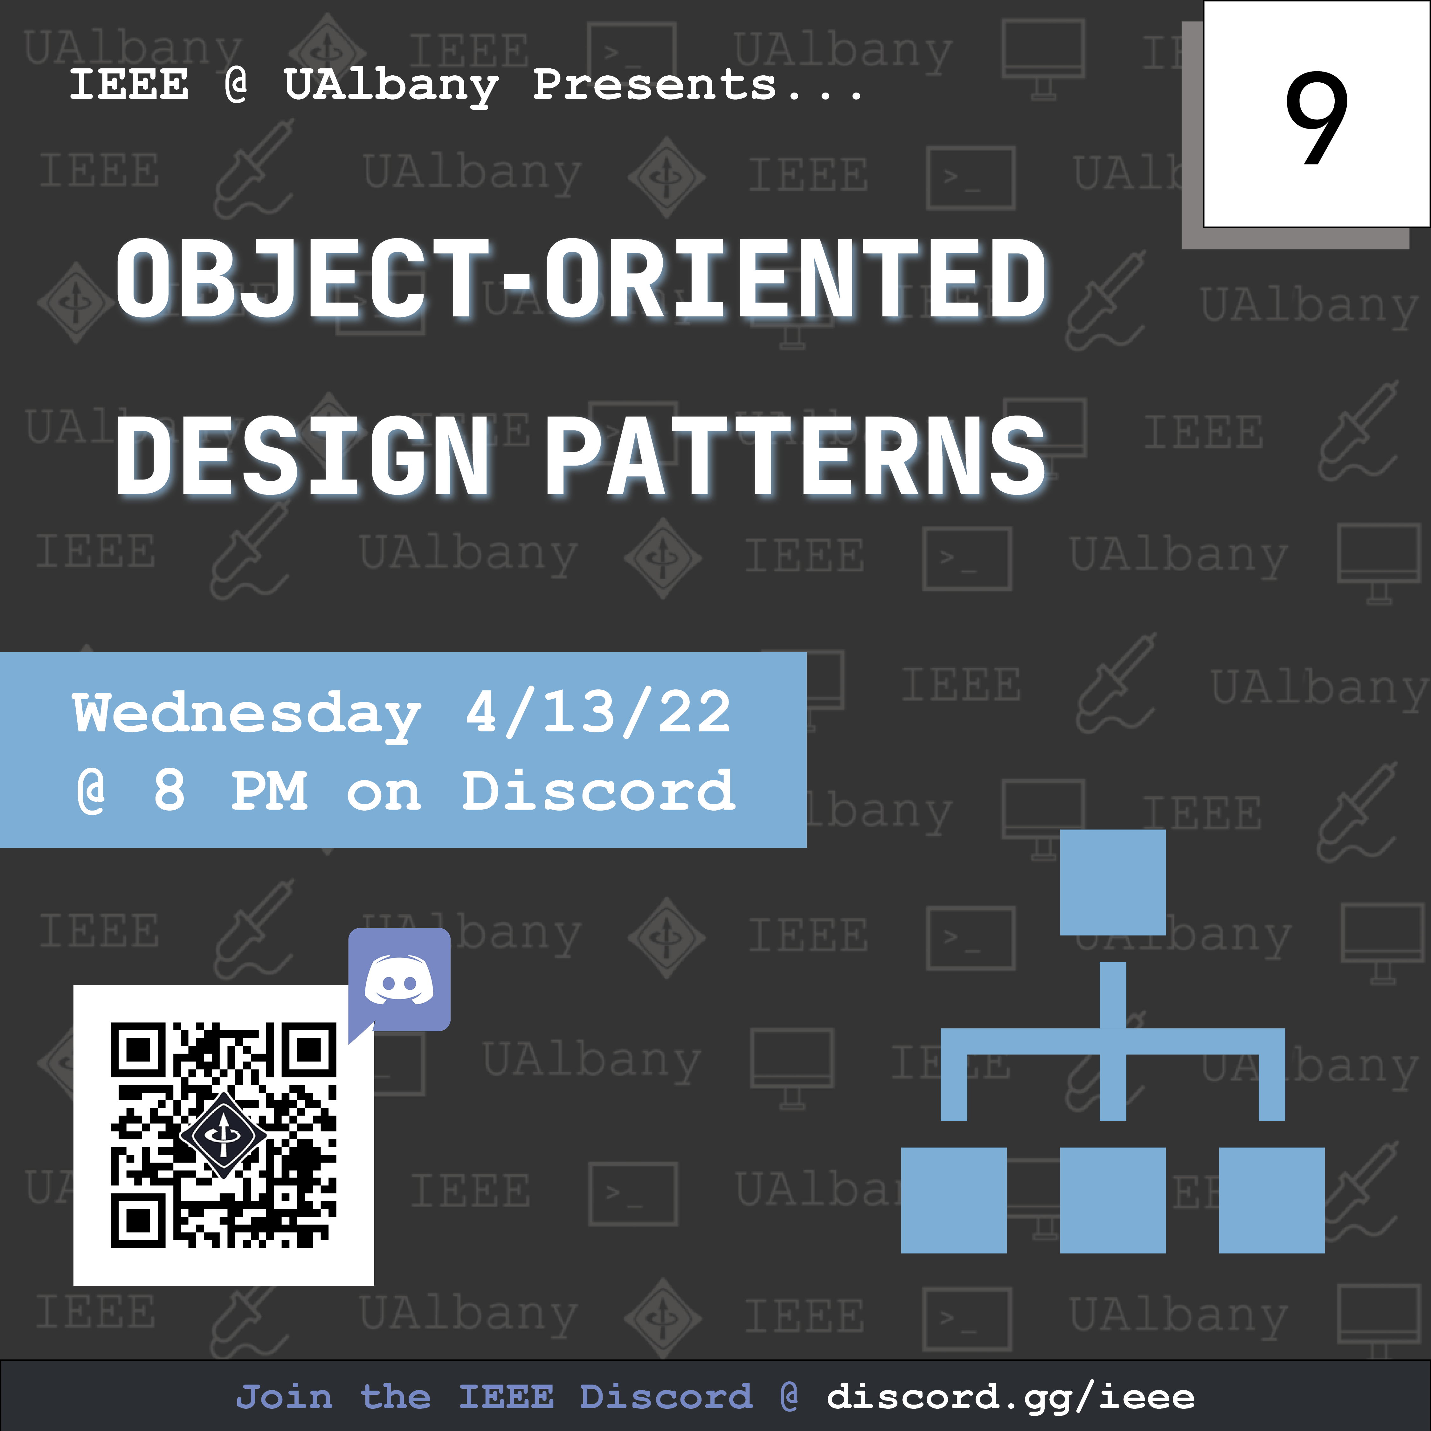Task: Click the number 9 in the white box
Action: tap(1316, 119)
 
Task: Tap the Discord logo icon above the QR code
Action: tap(399, 979)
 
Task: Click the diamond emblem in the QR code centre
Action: tap(223, 1134)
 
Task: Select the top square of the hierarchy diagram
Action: tap(1112, 882)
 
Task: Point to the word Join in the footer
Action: tap(284, 1397)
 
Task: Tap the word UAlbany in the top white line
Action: tap(391, 86)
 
